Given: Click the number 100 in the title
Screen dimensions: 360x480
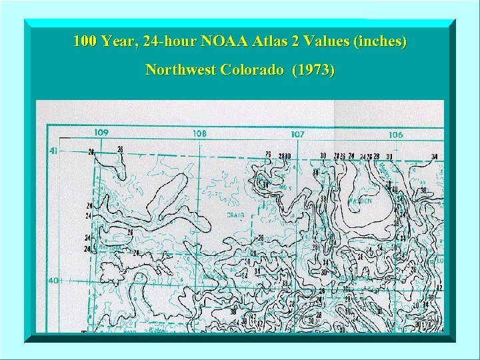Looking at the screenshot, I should (85, 41).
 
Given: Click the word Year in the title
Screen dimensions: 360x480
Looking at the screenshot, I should (120, 41).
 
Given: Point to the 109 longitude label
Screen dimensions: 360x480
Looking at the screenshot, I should (101, 133).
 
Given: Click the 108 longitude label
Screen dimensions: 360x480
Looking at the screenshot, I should (199, 133).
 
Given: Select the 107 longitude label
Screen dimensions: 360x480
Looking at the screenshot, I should (297, 134).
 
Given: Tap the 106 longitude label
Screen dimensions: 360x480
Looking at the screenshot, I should (395, 135).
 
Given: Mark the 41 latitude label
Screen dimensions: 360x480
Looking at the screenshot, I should (53, 151).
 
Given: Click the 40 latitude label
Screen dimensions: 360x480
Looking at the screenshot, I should (53, 280).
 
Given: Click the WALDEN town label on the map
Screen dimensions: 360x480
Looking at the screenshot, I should (359, 201).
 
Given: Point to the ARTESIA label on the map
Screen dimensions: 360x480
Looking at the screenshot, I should (110, 247).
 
